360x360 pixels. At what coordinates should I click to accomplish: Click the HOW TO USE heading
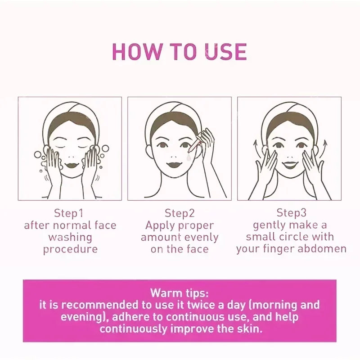(179, 52)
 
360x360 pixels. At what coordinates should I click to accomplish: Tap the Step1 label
(69, 213)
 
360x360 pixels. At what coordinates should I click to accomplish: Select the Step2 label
(179, 213)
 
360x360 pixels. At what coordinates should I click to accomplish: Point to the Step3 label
(291, 212)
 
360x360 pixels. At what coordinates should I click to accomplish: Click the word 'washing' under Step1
(70, 237)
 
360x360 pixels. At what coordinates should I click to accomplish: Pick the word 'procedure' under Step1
(70, 249)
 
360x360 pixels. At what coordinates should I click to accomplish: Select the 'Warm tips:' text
(179, 293)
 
